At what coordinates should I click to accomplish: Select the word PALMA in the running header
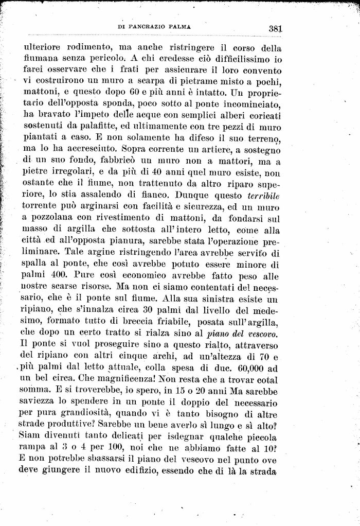pos(182,26)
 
